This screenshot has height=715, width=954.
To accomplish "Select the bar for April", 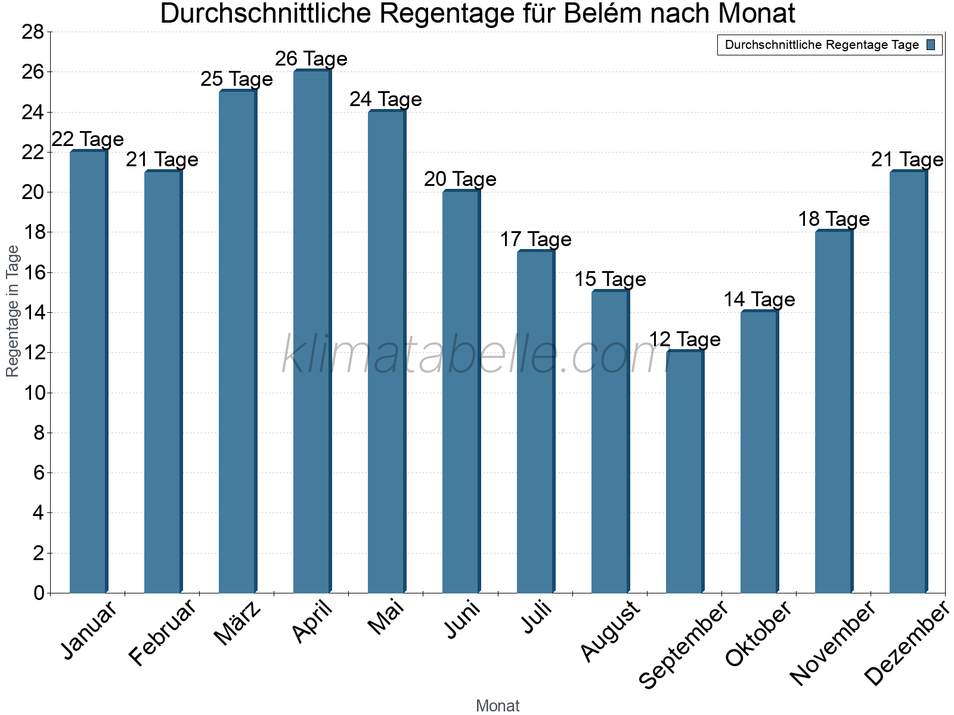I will [311, 331].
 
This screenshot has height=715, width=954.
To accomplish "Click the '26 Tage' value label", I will [311, 59].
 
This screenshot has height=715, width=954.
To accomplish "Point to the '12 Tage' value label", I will [684, 340].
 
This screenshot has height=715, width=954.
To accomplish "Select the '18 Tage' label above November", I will [834, 219].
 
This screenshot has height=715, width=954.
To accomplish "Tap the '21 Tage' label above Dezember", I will [907, 160].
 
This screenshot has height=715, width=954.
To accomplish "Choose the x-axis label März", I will [237, 623].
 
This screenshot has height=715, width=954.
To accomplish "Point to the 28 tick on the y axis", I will [33, 32].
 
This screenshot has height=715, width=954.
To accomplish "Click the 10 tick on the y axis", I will [33, 393].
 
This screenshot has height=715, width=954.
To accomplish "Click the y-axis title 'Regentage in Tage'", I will [13, 311].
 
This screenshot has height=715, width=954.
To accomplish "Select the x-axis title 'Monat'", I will [497, 706].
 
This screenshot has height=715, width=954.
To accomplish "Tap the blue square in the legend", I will [931, 45].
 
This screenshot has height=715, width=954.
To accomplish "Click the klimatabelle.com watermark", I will [477, 355].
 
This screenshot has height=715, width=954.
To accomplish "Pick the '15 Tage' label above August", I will [610, 279].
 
